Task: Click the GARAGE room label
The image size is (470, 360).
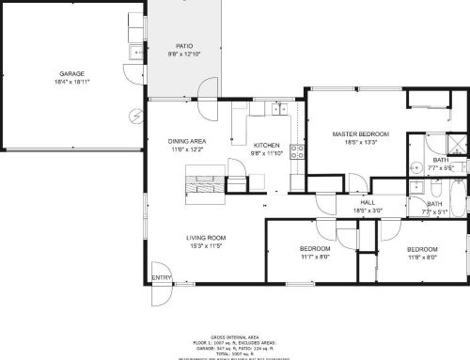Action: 72,72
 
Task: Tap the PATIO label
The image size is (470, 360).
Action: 185,45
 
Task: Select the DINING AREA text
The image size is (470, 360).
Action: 187,141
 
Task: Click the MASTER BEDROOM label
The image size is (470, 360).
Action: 355,134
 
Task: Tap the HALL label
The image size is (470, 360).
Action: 368,204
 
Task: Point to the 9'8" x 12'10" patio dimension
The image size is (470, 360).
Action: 185,54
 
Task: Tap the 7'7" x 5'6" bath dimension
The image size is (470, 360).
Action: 434,168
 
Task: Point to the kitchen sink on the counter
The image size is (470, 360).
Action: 278,109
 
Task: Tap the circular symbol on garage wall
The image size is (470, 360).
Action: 136,116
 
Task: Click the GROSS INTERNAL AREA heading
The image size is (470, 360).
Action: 235,336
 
